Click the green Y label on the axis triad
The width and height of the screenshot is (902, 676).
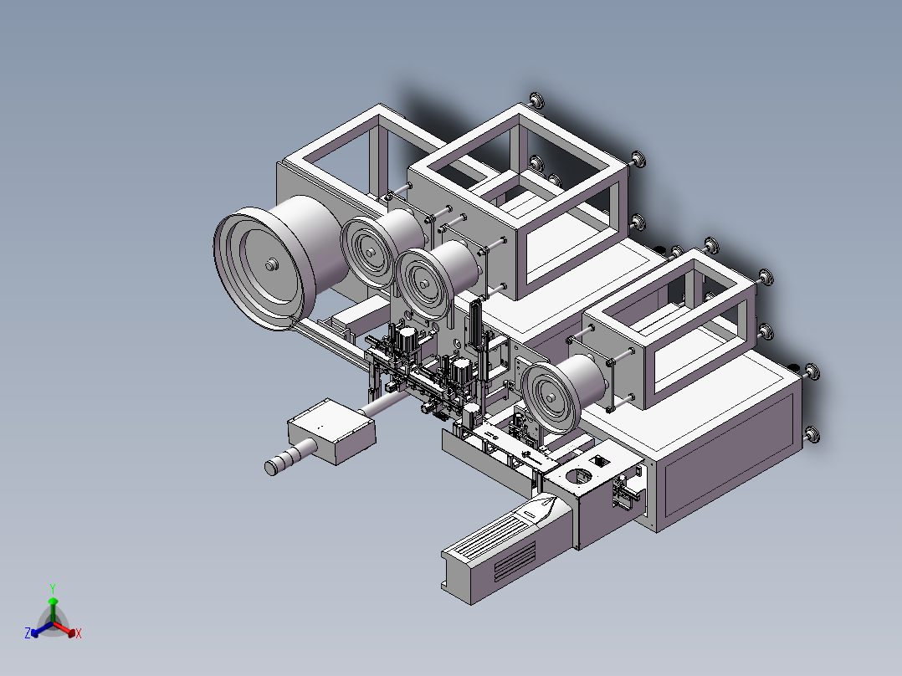pos(53,587)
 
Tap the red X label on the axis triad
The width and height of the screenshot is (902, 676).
pos(79,634)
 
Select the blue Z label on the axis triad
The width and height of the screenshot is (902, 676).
pos(28,634)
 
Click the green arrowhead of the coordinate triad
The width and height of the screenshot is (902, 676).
pos(53,602)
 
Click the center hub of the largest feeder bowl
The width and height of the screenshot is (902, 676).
pos(270,264)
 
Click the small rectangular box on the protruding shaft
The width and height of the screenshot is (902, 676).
pos(331,431)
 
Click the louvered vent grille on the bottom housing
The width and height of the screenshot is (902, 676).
pos(515,560)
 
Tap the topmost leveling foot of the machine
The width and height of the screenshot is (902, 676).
pos(537,100)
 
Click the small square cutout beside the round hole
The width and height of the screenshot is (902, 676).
pos(599,460)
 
